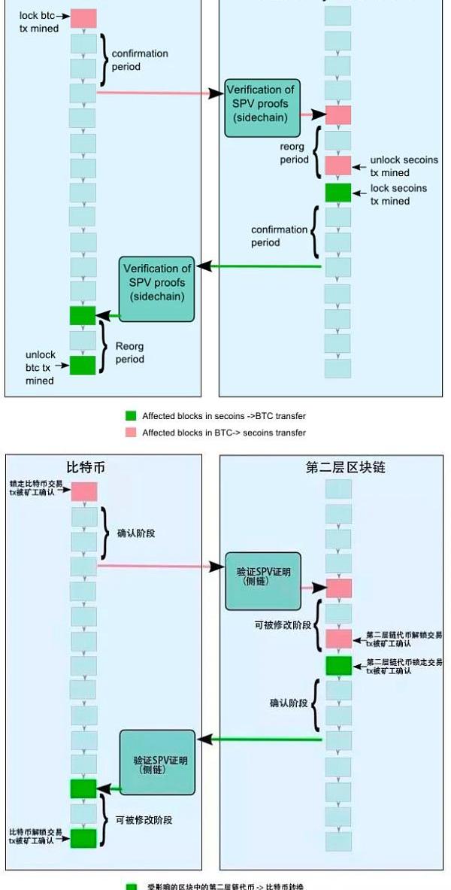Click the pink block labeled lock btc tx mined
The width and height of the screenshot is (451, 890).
pyautogui.click(x=83, y=18)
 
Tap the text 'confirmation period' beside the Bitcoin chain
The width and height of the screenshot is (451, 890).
pyautogui.click(x=140, y=60)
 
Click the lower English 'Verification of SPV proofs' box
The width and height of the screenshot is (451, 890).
pyautogui.click(x=157, y=281)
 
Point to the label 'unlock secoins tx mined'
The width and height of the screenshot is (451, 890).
pyautogui.click(x=404, y=166)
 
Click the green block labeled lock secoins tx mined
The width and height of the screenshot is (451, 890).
pyautogui.click(x=337, y=193)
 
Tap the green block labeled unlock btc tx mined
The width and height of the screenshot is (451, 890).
pyautogui.click(x=83, y=365)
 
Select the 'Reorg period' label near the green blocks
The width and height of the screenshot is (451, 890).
pyautogui.click(x=129, y=353)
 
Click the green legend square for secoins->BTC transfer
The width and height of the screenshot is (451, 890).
pyautogui.click(x=131, y=415)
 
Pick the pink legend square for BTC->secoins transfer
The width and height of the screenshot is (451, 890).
pyautogui.click(x=131, y=432)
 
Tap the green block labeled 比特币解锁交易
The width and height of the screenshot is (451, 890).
pyautogui.click(x=83, y=837)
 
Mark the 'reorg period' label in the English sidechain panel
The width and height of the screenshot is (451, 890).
pyautogui.click(x=294, y=153)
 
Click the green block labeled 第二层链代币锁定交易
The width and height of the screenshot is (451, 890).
pyautogui.click(x=338, y=666)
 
